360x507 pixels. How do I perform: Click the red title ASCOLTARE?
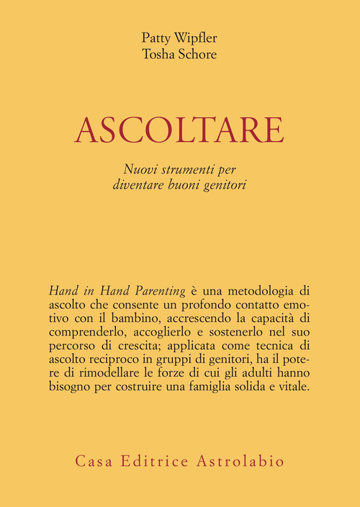[180, 130]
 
